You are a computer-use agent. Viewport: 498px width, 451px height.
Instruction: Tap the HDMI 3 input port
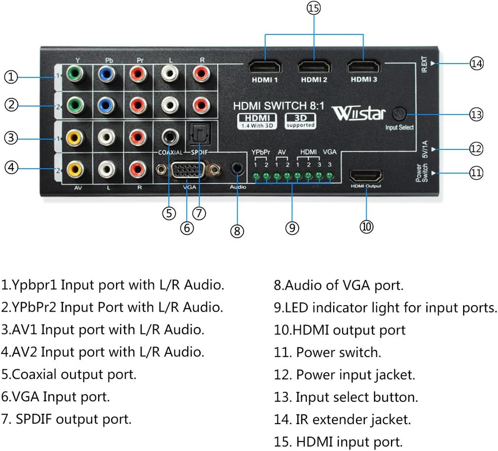click(364, 67)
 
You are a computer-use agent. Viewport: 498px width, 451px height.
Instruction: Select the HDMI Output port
click(366, 176)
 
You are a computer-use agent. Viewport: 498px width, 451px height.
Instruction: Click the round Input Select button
click(399, 115)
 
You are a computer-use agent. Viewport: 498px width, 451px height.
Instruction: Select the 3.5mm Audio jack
click(238, 169)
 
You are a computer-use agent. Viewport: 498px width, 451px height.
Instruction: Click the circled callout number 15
click(314, 8)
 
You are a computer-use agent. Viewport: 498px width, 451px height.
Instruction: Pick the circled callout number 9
click(292, 227)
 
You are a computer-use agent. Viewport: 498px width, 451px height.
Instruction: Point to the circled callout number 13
click(477, 114)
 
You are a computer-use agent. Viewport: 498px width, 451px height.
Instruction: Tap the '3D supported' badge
click(300, 121)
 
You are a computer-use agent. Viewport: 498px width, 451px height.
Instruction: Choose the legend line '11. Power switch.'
click(327, 352)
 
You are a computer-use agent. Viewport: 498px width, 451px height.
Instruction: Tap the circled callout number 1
click(11, 77)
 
